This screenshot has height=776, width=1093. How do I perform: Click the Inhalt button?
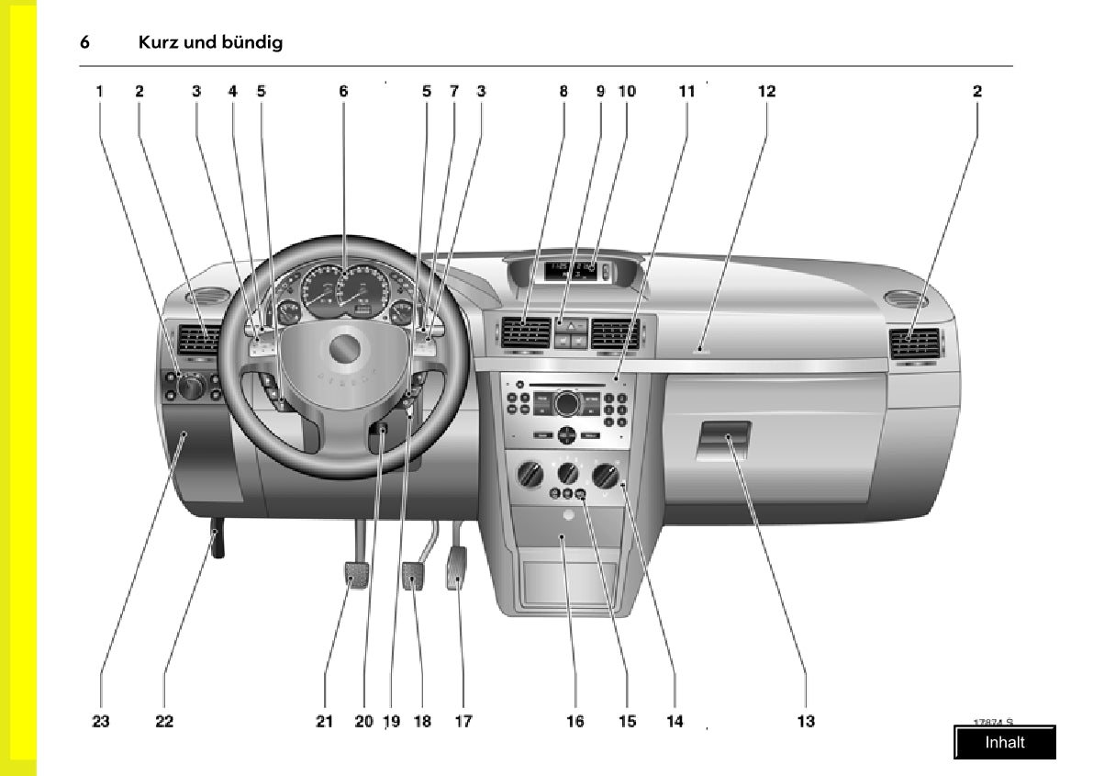[x=1004, y=742]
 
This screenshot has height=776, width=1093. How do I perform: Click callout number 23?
[x=101, y=721]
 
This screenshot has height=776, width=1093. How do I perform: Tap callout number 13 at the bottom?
[x=805, y=721]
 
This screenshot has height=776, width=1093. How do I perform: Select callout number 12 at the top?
[x=766, y=91]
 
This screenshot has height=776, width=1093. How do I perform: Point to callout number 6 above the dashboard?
[x=343, y=91]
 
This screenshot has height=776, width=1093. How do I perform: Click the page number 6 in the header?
[x=84, y=42]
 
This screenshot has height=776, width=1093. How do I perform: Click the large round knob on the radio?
[x=566, y=402]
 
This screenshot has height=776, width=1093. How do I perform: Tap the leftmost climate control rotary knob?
[x=531, y=475]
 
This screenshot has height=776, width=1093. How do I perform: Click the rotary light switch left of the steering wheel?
[x=191, y=388]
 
